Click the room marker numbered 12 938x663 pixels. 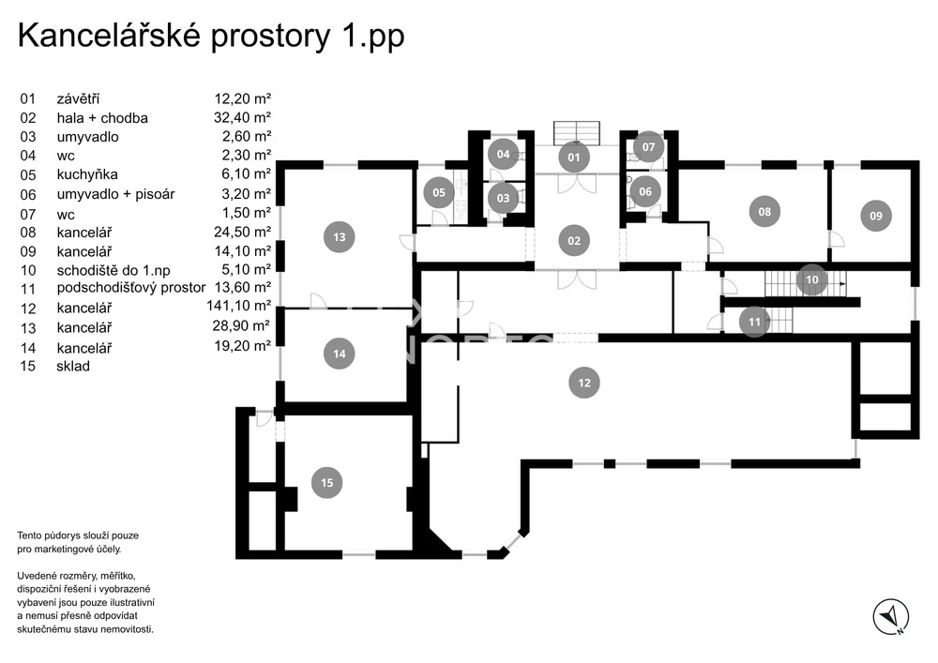(584, 382)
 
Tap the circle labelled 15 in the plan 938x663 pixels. (326, 483)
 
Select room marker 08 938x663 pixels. (764, 212)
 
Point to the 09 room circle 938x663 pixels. (875, 216)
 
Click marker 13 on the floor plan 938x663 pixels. (339, 237)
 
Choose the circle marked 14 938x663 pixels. (339, 354)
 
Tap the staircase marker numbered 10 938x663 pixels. (812, 279)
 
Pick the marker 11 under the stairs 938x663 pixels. (754, 322)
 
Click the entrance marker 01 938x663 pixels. (574, 157)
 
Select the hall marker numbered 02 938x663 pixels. (574, 241)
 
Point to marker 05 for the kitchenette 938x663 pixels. (438, 194)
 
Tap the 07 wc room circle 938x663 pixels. (648, 147)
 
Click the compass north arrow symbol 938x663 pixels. (890, 616)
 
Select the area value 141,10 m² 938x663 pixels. (238, 306)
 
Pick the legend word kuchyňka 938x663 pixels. (87, 174)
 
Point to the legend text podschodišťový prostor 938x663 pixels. (130, 287)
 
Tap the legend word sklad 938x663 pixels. (73, 366)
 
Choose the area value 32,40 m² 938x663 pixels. (242, 117)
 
